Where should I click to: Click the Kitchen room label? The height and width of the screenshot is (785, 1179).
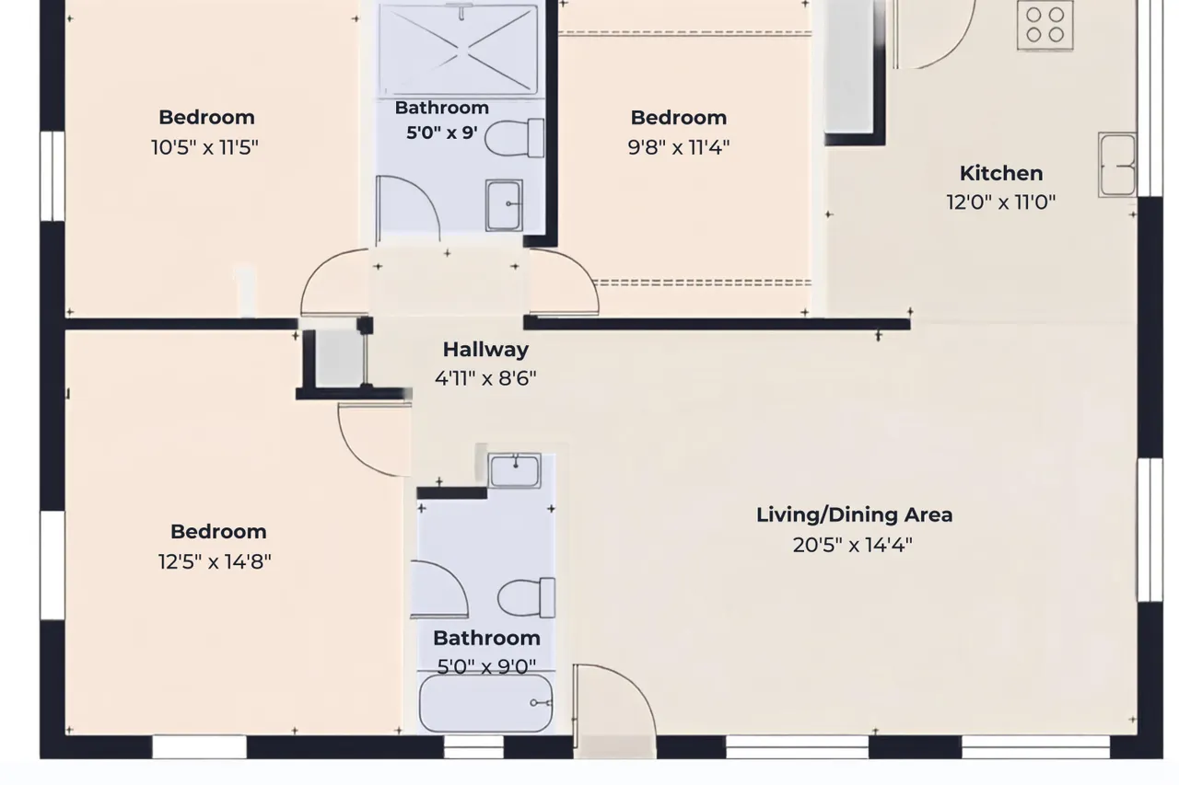click(1001, 174)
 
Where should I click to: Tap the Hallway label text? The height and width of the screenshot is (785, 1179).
click(485, 350)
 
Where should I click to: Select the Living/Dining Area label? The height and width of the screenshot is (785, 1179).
click(854, 514)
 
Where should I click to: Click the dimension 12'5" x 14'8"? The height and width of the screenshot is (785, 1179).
click(215, 561)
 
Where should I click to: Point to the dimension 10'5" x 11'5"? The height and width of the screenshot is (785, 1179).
click(204, 147)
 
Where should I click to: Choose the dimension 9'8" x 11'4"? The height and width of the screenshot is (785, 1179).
click(679, 147)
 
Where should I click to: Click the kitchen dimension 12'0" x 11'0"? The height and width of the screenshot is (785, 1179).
click(1001, 202)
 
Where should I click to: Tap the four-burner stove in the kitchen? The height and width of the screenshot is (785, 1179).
click(1045, 25)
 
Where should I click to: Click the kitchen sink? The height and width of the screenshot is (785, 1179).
click(1117, 165)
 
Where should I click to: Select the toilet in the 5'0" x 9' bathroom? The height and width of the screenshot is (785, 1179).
click(514, 138)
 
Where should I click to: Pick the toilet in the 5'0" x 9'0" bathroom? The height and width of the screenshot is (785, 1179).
click(526, 598)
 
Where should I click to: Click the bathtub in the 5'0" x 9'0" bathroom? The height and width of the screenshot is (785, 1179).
click(485, 703)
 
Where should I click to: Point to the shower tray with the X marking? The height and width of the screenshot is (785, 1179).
click(459, 50)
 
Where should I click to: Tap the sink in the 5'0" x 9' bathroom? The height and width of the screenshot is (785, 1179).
click(504, 205)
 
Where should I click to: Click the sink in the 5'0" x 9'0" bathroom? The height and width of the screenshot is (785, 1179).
click(514, 470)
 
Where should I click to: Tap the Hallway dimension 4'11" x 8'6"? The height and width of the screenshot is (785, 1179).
click(485, 378)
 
